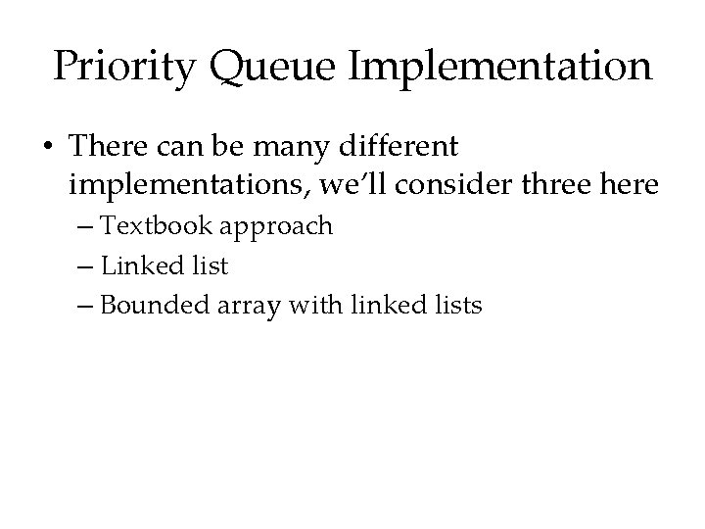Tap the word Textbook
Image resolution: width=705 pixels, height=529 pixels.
[x=159, y=226]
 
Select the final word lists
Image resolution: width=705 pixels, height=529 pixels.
[x=454, y=305]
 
